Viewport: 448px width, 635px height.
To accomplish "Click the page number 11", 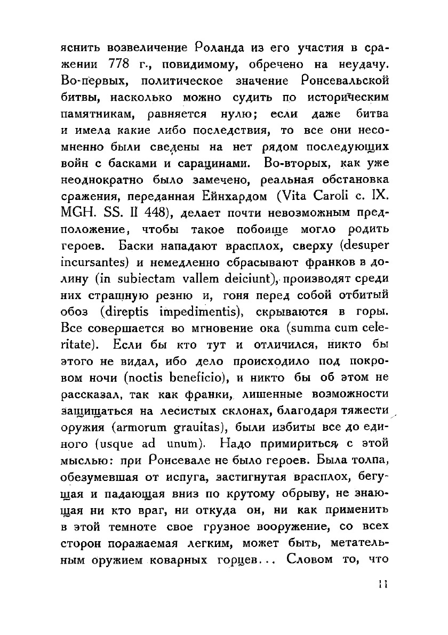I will tap(382, 584).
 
